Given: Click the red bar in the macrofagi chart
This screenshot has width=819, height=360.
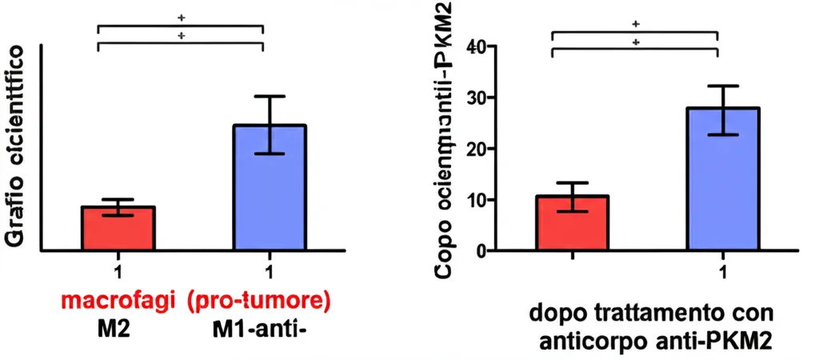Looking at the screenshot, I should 118,229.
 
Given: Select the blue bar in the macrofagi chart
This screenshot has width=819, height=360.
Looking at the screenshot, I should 270,188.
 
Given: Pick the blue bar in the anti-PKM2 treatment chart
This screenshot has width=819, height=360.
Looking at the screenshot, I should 722,179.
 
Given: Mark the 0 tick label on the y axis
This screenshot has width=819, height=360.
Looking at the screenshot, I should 481,251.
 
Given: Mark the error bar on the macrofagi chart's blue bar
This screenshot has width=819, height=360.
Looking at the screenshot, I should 270,124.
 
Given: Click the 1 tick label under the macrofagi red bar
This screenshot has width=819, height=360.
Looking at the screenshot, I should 118,271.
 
